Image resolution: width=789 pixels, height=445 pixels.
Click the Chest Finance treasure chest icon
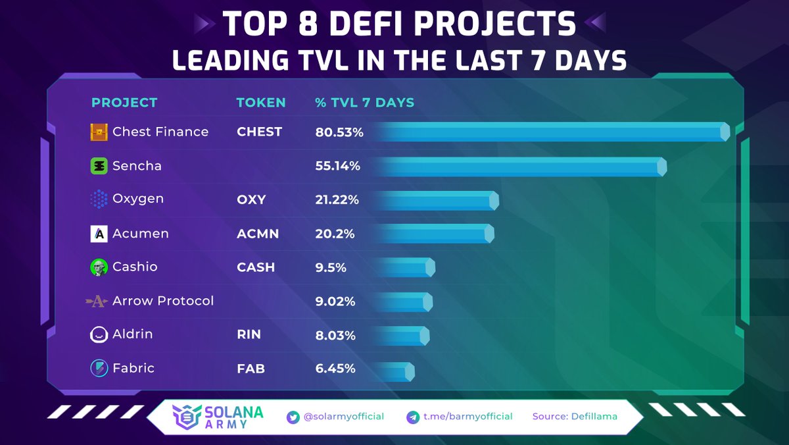[x=99, y=132]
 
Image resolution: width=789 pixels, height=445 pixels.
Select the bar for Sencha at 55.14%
[x=519, y=167]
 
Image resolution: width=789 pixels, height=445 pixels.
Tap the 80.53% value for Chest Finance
[x=339, y=132]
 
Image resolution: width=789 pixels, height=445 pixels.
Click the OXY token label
[x=251, y=199]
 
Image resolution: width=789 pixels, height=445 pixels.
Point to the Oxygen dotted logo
[x=99, y=199]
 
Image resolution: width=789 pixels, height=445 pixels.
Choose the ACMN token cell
[x=258, y=234]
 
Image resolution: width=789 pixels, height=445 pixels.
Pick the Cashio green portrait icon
[x=99, y=267]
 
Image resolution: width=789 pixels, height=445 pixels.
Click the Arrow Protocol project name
[x=163, y=301]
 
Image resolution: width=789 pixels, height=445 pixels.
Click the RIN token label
[x=249, y=334]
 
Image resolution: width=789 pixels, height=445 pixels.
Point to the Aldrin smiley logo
[x=99, y=335]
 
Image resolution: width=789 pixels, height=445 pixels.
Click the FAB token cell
[x=251, y=369]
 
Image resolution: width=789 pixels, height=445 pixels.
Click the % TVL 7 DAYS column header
[x=365, y=103]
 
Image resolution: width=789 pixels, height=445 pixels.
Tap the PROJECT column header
[x=124, y=103]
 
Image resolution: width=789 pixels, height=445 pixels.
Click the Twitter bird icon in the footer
[x=293, y=417]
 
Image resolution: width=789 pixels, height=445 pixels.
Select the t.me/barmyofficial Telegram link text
[x=467, y=417]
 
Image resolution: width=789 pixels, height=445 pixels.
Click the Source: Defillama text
[x=575, y=417]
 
